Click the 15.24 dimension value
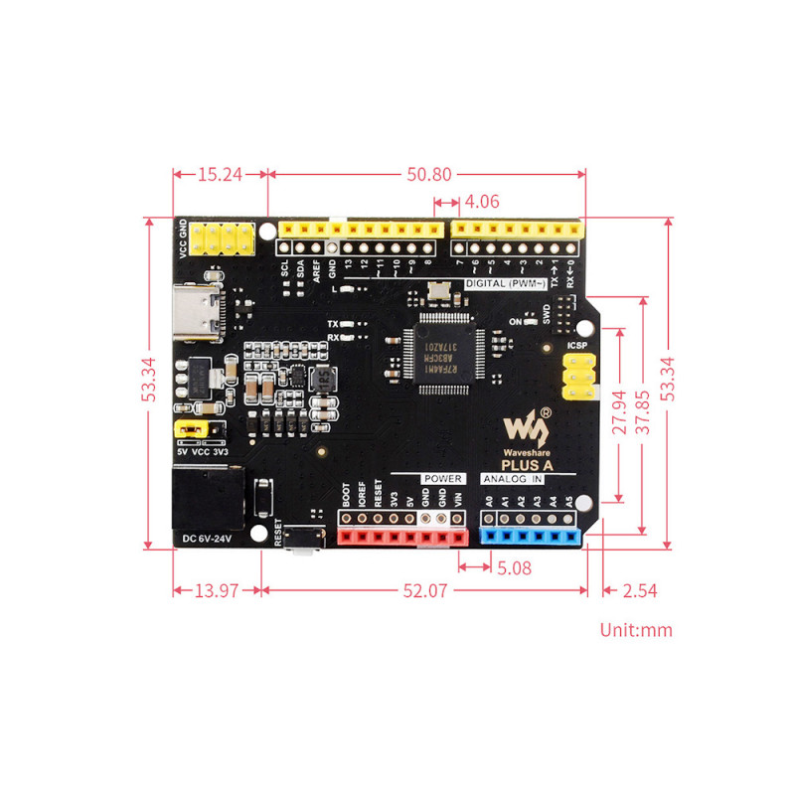[220, 174]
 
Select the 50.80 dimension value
[427, 174]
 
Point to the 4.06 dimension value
[481, 201]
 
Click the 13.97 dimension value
[216, 591]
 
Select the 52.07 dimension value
[424, 591]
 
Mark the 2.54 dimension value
[639, 591]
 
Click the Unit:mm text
[636, 629]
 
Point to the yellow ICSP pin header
[578, 378]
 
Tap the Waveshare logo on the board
[527, 427]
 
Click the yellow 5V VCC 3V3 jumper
[194, 428]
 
